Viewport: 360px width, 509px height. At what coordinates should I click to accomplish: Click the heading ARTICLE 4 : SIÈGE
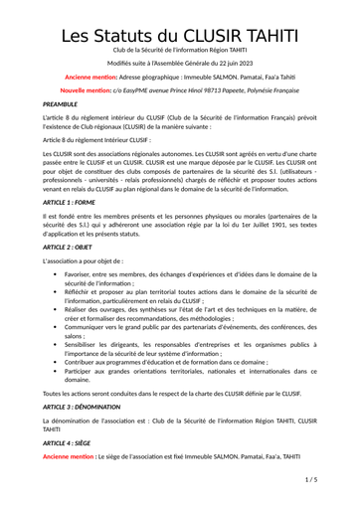(x=73, y=441)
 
